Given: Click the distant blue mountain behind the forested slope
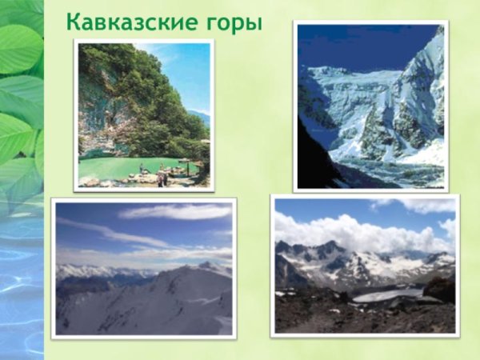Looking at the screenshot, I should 203,118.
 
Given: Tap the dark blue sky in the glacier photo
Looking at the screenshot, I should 352,44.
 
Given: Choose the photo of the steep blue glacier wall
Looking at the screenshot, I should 370,106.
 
